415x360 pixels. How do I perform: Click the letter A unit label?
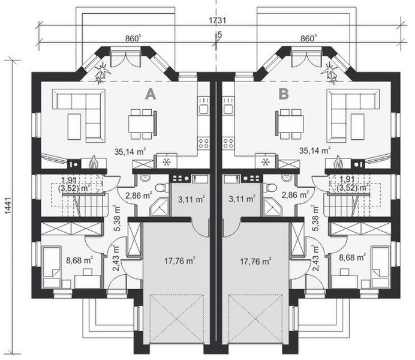coord(151,94)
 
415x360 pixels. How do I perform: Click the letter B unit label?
coord(284,94)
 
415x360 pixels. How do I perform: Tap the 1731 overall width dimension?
coord(218,20)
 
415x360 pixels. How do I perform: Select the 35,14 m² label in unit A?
coord(130,151)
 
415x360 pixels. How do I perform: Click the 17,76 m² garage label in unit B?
coord(255,261)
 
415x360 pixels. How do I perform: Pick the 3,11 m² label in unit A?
coord(191,199)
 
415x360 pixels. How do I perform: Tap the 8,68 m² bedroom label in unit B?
coord(352,257)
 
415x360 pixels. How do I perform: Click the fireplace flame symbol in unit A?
coord(93,162)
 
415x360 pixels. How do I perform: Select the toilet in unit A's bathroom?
coord(161,188)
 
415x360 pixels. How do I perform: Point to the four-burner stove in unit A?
coord(203,143)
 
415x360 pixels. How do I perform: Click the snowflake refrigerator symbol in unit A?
coord(167,161)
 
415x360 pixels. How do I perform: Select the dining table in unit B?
coord(290,124)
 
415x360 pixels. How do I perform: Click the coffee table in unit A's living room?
coord(74,127)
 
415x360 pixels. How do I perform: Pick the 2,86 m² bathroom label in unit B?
coord(295,195)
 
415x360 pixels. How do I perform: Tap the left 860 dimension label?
coord(133,38)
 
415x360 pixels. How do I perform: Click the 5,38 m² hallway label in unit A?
coord(116,218)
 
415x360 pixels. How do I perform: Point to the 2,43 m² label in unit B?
coord(316,259)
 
